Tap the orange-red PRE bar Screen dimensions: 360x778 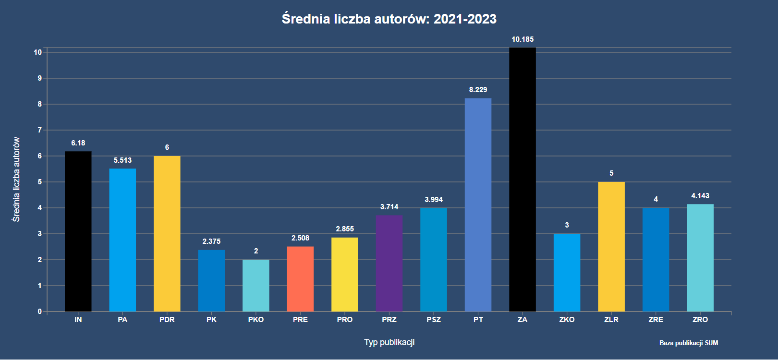click(300, 279)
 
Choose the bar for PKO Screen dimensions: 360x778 click(256, 286)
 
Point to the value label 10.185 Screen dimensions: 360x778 click(523, 39)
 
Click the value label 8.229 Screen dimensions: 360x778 click(478, 90)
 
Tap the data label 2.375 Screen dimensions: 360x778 click(211, 241)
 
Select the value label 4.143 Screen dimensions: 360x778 click(700, 196)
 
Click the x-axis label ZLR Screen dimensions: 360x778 click(611, 320)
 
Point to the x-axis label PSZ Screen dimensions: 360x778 click(434, 320)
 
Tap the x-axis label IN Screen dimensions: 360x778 click(78, 320)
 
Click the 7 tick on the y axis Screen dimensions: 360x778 click(40, 130)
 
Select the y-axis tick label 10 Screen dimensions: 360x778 click(38, 52)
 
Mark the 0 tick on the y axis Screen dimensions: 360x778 click(40, 312)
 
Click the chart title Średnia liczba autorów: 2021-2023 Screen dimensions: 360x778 click(389, 19)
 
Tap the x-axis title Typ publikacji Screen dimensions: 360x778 click(389, 342)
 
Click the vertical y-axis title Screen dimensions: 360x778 click(16, 180)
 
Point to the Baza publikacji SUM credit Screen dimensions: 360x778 click(689, 343)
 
